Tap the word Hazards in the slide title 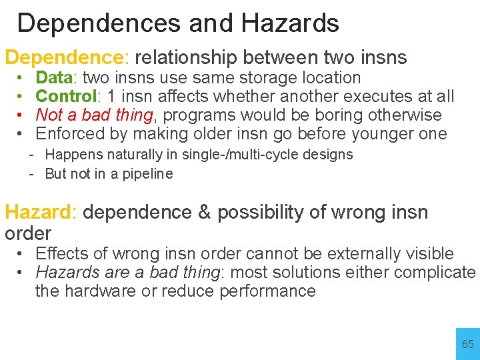point(291,23)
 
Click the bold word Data point(54,78)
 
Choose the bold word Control point(66,97)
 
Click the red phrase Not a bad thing point(94,115)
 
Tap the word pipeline point(147,174)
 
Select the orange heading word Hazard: point(41,212)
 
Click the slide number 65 point(468,344)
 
